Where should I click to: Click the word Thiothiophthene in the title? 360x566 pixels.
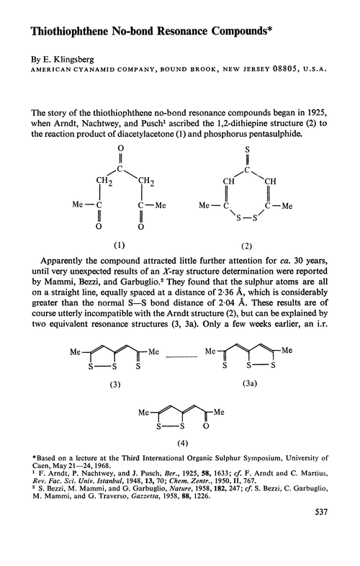pos(58,33)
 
